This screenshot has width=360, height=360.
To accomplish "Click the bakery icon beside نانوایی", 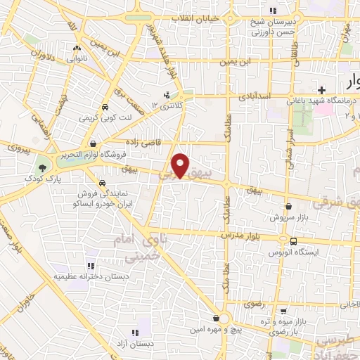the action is point(77,49).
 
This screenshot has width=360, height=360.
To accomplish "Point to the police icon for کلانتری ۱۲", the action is point(167,94).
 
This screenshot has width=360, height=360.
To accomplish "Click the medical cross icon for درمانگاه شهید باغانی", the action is point(321,90).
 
